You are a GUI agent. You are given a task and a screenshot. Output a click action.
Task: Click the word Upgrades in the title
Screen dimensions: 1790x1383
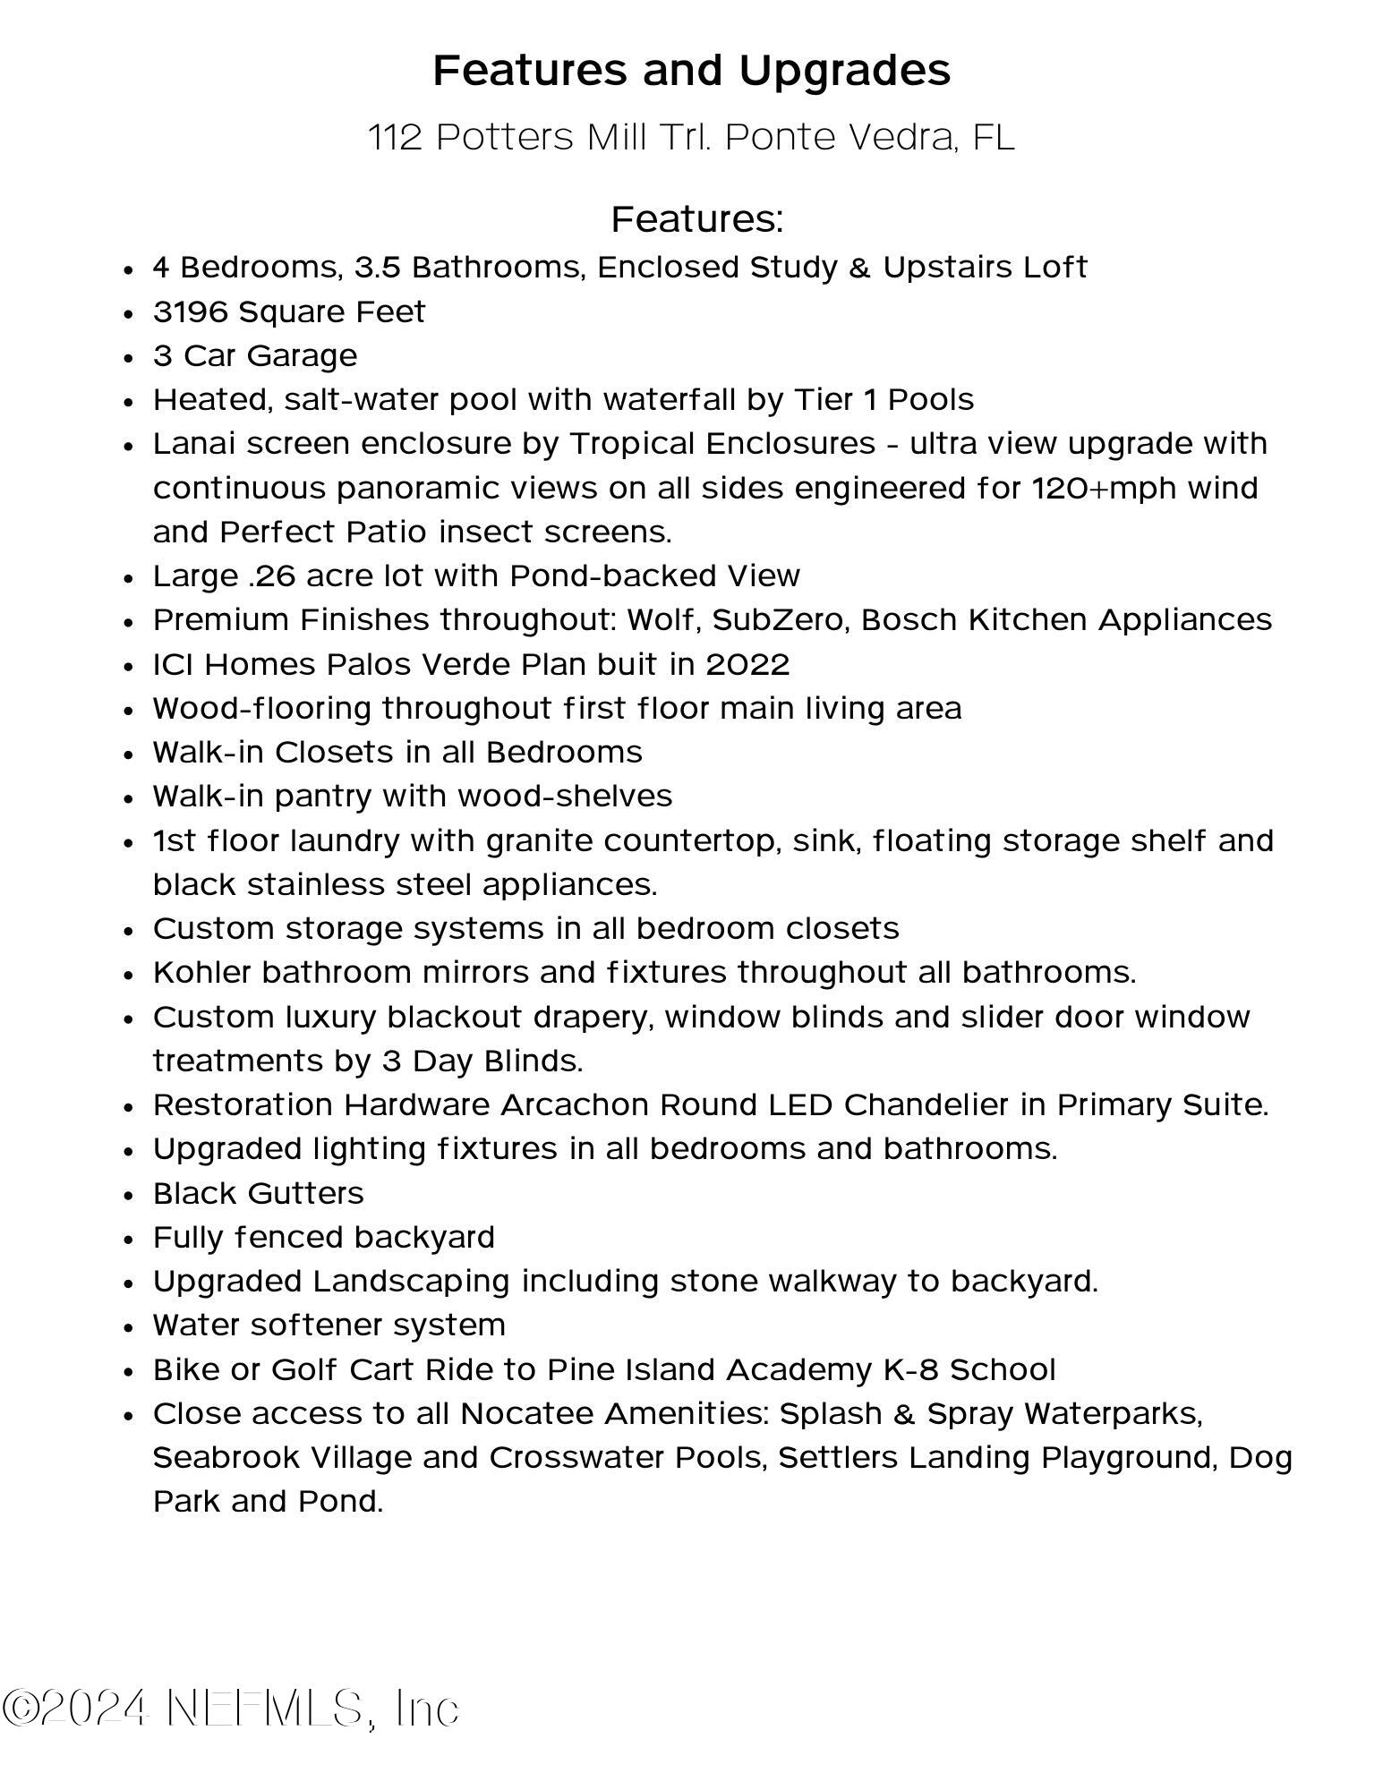coord(845,71)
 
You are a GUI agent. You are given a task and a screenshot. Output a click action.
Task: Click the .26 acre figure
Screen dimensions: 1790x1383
coord(271,576)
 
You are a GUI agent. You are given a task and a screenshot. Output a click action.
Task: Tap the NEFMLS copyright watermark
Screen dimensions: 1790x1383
coord(231,1709)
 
